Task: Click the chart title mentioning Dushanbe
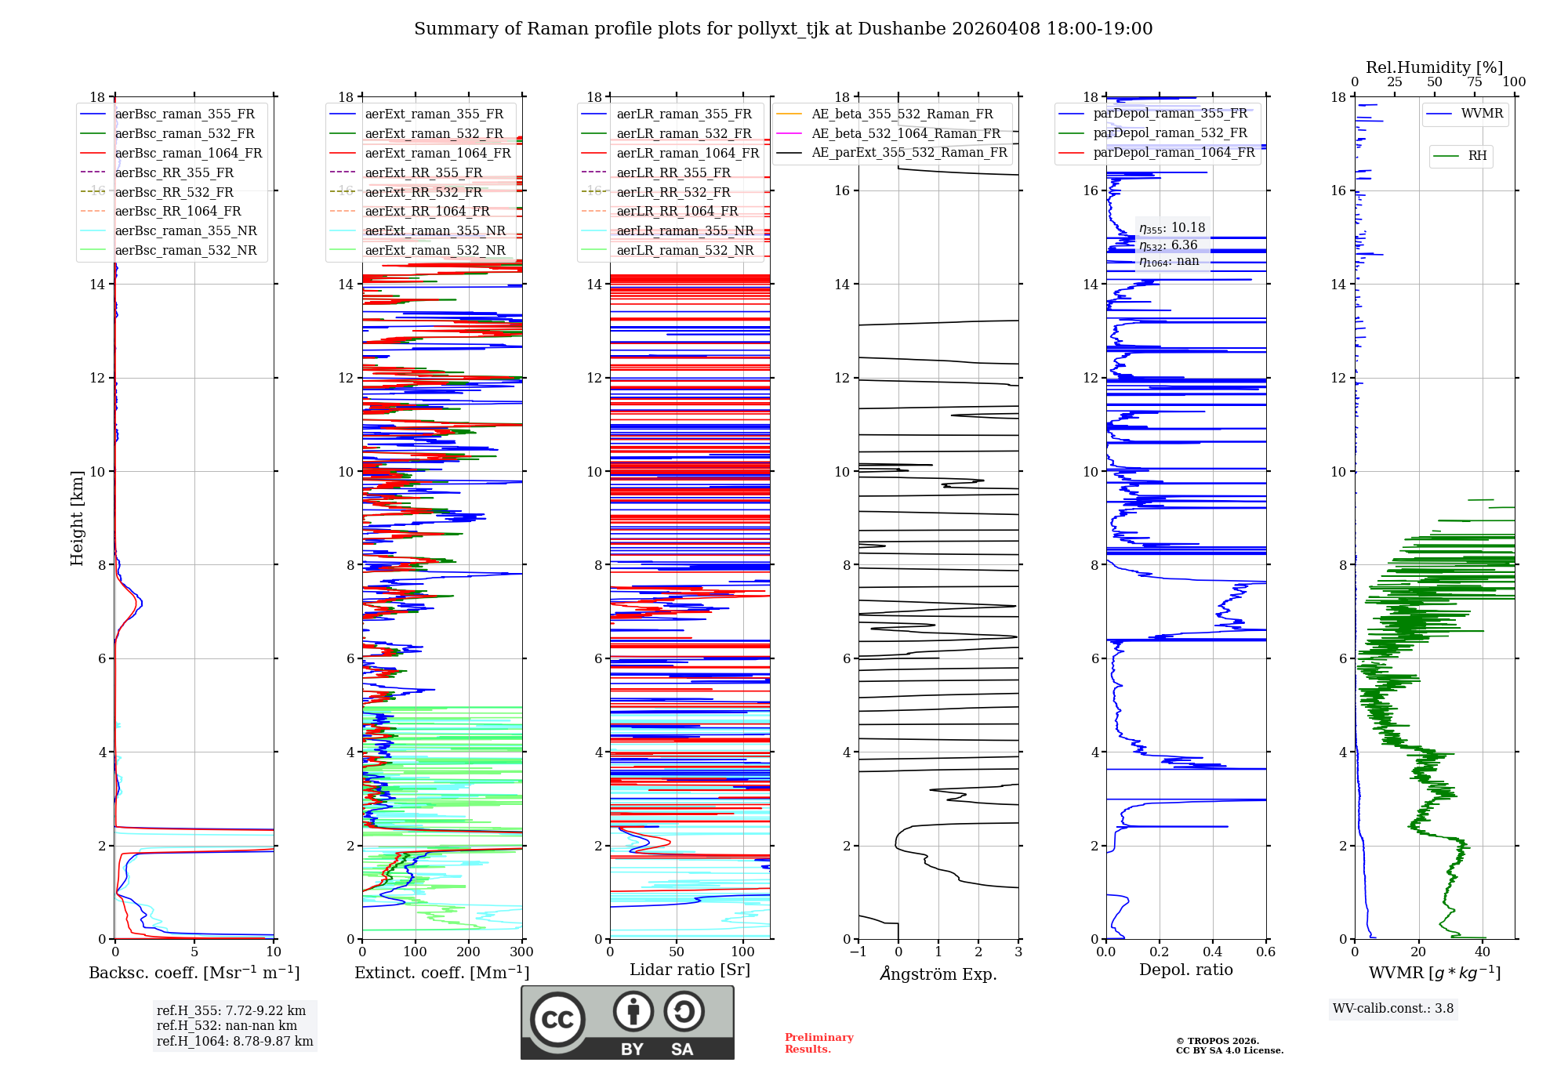click(x=783, y=29)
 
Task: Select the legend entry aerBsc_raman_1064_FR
click(x=188, y=153)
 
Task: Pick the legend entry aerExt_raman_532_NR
click(x=435, y=250)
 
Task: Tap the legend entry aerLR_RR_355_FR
click(x=673, y=172)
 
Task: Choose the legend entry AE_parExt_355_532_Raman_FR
click(x=909, y=152)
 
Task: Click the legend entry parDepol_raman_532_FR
click(x=1170, y=132)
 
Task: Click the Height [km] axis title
click(x=77, y=517)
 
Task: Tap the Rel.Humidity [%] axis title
click(x=1434, y=67)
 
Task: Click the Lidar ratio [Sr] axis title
click(x=690, y=970)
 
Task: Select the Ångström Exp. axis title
click(x=938, y=974)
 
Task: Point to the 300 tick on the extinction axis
click(x=521, y=952)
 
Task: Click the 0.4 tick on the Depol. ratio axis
click(x=1213, y=952)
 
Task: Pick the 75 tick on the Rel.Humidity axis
click(x=1475, y=82)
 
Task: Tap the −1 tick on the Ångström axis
click(x=858, y=952)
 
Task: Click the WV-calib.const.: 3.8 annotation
click(x=1393, y=1009)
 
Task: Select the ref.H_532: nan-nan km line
click(x=227, y=1025)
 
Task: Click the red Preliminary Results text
click(x=818, y=1043)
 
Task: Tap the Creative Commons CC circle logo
click(x=557, y=1019)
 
